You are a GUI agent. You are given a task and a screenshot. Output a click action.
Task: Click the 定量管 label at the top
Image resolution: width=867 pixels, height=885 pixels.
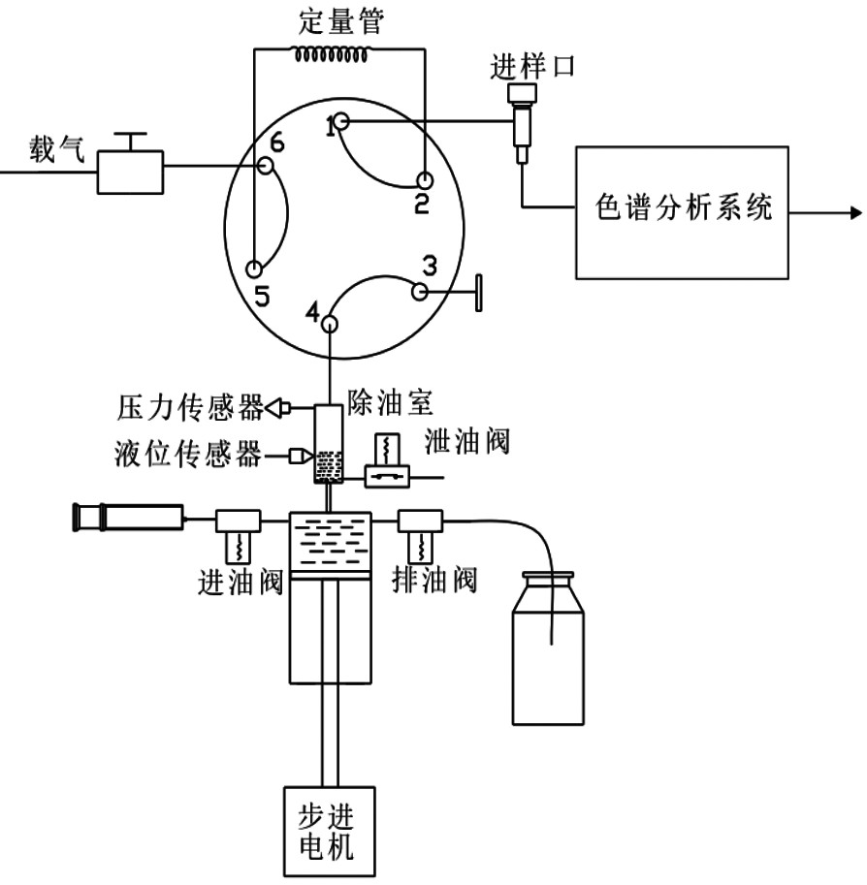pos(341,21)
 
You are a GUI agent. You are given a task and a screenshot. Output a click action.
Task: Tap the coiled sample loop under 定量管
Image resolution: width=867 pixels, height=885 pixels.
pos(331,54)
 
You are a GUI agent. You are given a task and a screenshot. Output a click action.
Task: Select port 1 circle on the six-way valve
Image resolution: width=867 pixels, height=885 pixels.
pos(341,121)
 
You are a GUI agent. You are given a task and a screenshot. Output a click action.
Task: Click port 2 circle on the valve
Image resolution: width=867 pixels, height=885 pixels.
pos(424,180)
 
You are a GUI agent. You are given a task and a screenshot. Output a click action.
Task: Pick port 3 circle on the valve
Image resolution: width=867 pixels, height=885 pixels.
pos(419,293)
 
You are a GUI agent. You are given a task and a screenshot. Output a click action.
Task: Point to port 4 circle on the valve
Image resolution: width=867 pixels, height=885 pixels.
pos(330,324)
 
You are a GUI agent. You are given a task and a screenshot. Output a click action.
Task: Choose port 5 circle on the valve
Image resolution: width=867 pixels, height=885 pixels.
pos(255,269)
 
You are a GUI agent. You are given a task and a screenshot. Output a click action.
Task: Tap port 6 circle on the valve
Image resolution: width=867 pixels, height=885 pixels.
pos(266,166)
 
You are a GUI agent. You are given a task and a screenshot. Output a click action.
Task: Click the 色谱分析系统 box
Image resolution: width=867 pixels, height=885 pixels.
pos(682,213)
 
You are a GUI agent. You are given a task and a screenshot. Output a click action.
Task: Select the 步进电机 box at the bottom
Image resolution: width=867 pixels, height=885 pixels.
pos(329,831)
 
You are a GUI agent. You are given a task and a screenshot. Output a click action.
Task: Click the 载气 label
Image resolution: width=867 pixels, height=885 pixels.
pos(56,149)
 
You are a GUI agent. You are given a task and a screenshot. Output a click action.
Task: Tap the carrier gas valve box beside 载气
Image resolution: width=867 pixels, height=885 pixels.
pos(130,172)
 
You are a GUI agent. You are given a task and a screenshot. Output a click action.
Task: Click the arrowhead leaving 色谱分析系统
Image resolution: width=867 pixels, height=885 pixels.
pos(856,213)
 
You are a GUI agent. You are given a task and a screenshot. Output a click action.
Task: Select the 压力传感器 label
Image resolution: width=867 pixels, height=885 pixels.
pos(190,407)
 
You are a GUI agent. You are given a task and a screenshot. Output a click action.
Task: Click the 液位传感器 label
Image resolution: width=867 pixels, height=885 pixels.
pos(188,454)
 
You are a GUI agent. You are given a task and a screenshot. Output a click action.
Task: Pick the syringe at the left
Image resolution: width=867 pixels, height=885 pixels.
pos(129,518)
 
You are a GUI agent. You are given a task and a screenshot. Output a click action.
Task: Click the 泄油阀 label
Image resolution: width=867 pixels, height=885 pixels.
pos(467,441)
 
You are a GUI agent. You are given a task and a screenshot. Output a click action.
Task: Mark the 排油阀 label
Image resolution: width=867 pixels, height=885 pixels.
pos(434,580)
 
